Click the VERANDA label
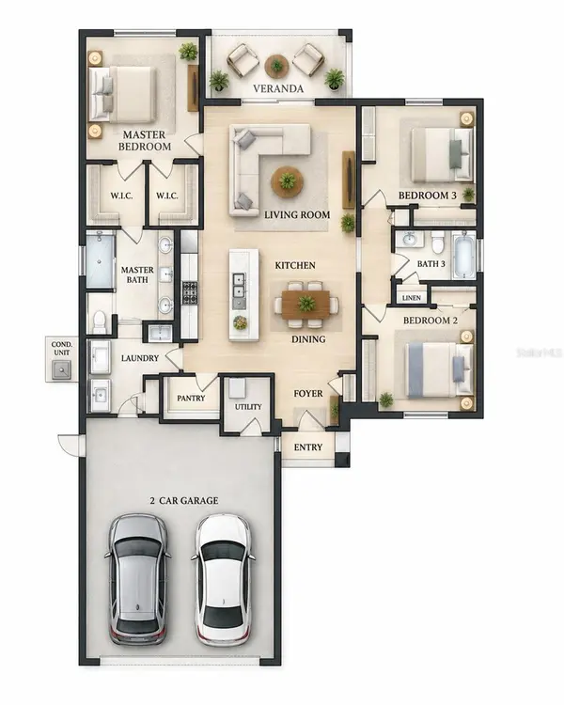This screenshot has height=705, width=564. tap(278, 88)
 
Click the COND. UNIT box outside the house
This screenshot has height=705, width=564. tap(62, 359)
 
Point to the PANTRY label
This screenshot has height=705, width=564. tap(191, 398)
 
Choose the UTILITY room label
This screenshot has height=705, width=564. tap(248, 407)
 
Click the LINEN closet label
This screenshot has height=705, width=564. tap(412, 298)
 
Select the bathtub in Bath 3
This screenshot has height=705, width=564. tap(463, 255)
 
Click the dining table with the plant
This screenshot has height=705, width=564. tap(305, 305)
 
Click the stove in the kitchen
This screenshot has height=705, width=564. tap(189, 292)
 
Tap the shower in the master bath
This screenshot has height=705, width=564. tap(101, 260)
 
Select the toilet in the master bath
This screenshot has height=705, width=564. tap(99, 321)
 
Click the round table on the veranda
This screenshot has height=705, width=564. tap(276, 66)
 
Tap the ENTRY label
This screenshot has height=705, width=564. tap(308, 447)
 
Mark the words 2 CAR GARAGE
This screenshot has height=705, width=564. tap(184, 500)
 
